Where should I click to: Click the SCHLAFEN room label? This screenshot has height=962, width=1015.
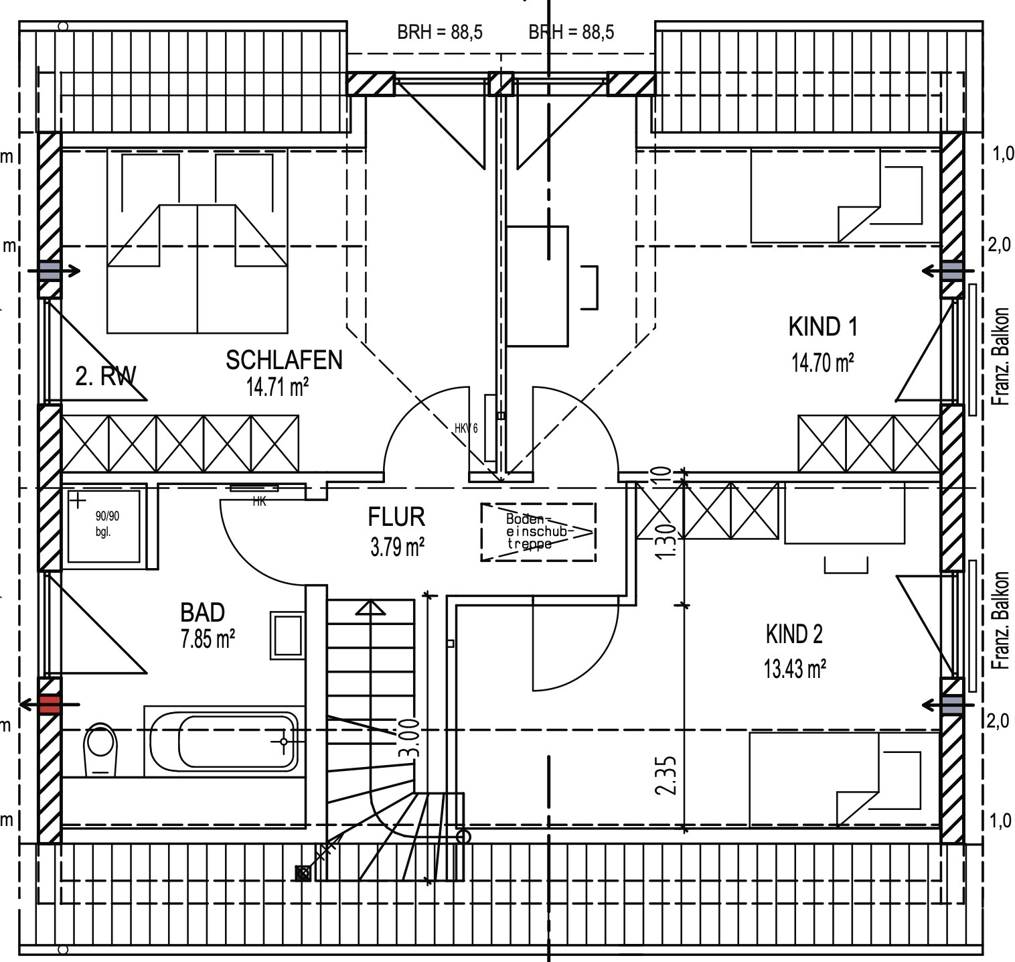[x=284, y=360]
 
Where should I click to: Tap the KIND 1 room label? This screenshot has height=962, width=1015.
[x=823, y=327]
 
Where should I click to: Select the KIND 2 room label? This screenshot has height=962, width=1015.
[x=794, y=634]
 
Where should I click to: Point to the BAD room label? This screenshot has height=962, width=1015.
[x=202, y=612]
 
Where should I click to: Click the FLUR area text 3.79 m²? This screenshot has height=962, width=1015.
[x=397, y=547]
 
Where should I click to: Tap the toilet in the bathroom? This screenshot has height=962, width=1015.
[x=100, y=750]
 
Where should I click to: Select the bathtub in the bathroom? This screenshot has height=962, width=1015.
[x=224, y=742]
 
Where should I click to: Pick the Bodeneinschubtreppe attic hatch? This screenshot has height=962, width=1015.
[x=538, y=532]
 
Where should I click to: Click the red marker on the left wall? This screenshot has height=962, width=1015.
[x=50, y=704]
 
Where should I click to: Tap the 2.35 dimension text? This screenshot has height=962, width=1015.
[x=667, y=776]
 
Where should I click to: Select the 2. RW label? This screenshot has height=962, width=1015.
[x=105, y=376]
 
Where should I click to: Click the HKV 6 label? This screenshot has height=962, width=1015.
[x=466, y=428]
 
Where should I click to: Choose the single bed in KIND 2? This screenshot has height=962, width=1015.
[x=844, y=779]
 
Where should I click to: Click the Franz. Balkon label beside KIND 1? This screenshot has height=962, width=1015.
[x=1002, y=356]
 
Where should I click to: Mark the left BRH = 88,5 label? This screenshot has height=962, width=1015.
[x=440, y=32]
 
